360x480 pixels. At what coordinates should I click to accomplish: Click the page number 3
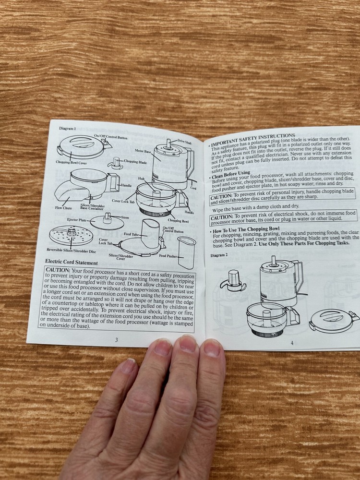tap(116, 340)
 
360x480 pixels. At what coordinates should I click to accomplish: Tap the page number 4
tap(291, 342)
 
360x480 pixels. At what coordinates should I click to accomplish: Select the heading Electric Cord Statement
tap(72, 263)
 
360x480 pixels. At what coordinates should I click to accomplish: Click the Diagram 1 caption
tap(68, 129)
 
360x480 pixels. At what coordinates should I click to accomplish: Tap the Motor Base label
tap(143, 151)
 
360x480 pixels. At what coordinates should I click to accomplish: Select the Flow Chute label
tap(63, 208)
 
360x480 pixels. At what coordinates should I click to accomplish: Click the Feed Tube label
tap(131, 234)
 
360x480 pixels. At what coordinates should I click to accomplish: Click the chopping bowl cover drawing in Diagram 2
tap(333, 319)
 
